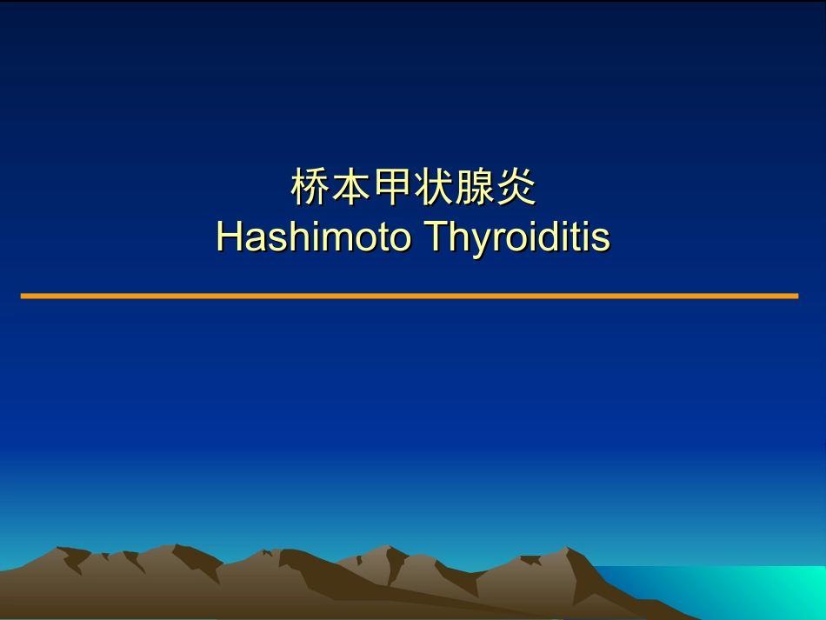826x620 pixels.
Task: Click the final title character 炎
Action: pyautogui.click(x=516, y=189)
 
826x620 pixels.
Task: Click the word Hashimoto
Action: pyautogui.click(x=313, y=237)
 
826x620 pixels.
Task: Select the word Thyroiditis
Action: pyautogui.click(x=516, y=237)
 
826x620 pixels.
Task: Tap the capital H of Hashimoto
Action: pyautogui.click(x=228, y=237)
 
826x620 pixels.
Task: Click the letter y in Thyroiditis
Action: pyautogui.click(x=474, y=241)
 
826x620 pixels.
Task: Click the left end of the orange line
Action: pyautogui.click(x=23, y=296)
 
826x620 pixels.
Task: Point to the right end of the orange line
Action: pyautogui.click(x=796, y=296)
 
